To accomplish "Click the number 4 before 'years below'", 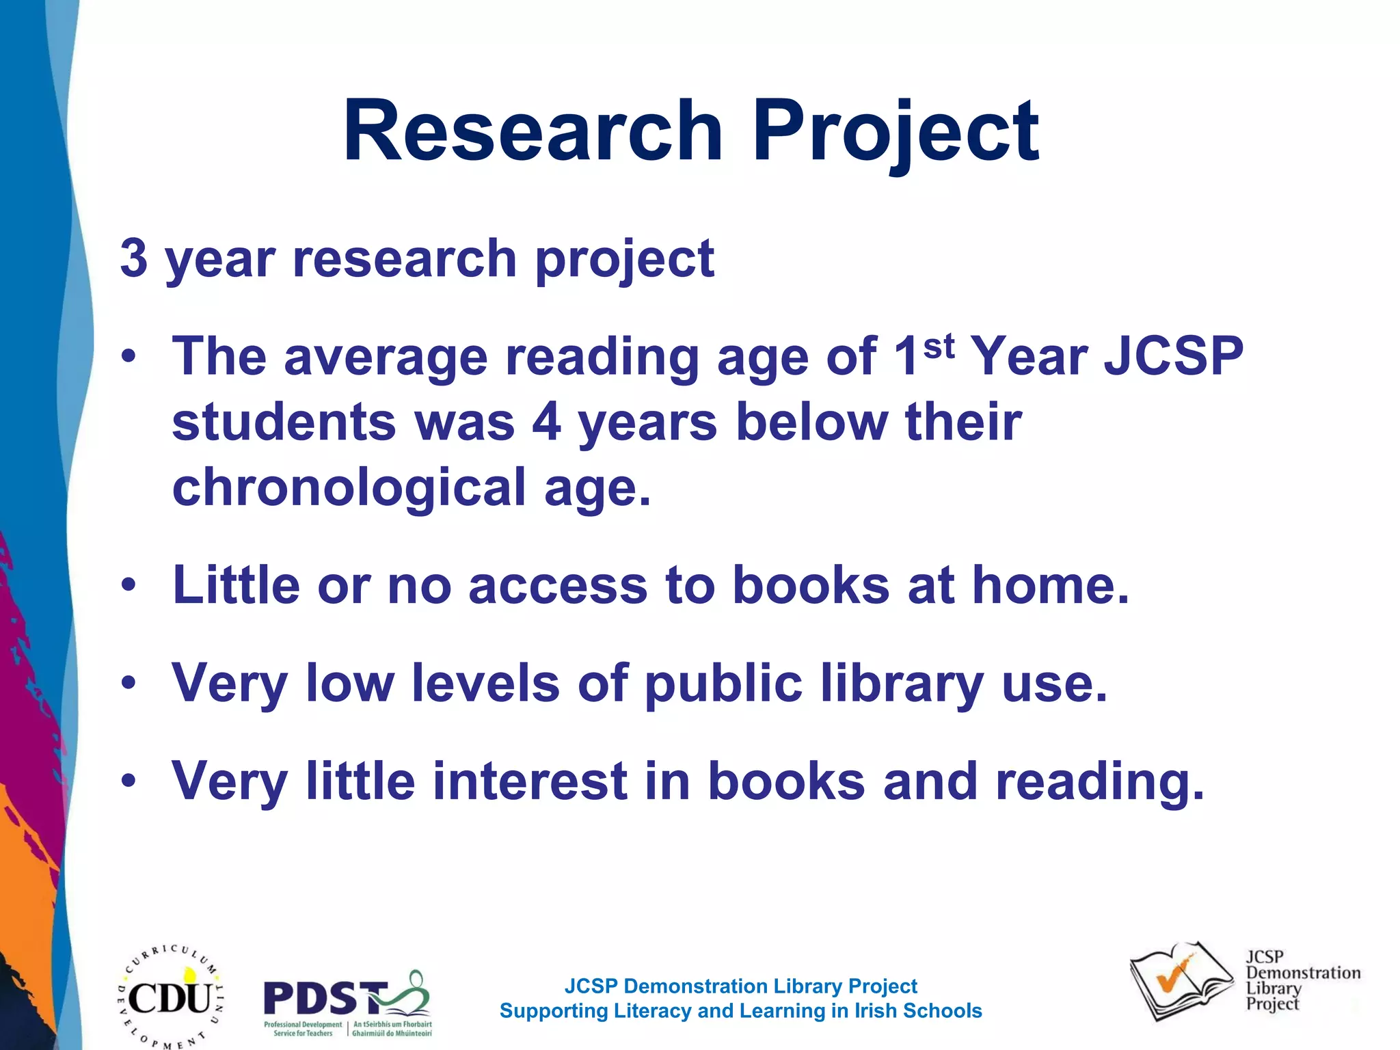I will click(547, 421).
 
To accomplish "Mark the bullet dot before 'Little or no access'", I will click(129, 585).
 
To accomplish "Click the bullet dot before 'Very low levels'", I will click(129, 683).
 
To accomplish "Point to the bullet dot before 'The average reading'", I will click(129, 356).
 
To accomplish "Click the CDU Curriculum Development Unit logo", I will click(170, 997).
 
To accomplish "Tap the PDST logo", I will click(347, 1002).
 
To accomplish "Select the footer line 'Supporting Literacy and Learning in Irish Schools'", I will click(740, 1011).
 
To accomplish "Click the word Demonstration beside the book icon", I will click(1303, 973).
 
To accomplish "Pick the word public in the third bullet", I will click(723, 684).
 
